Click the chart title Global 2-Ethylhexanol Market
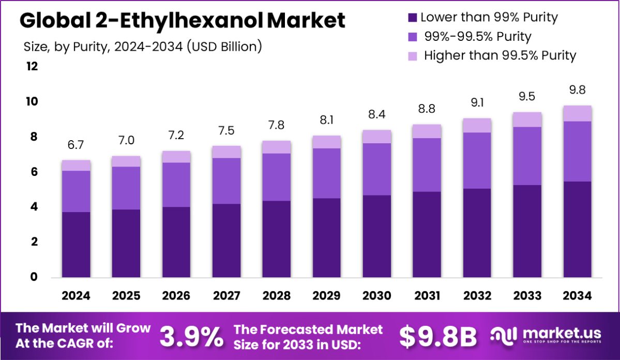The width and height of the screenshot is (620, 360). (x=182, y=21)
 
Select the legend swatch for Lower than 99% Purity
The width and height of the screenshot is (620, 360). (x=413, y=18)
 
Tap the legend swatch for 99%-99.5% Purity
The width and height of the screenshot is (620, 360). (x=413, y=37)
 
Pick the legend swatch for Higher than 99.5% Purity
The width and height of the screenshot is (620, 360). (x=413, y=55)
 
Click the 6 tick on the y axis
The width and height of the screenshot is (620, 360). (x=34, y=172)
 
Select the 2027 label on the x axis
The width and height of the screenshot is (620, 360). (x=226, y=296)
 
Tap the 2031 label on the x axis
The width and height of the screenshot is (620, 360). (x=427, y=296)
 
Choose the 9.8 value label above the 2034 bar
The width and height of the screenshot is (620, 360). (x=577, y=90)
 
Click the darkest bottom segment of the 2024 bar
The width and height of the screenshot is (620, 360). (x=76, y=245)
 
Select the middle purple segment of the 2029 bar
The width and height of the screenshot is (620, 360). (x=326, y=173)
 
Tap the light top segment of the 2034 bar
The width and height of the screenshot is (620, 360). (x=577, y=113)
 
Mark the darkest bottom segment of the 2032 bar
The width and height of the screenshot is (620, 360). (x=477, y=233)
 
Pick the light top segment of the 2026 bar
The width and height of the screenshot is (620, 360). (x=176, y=157)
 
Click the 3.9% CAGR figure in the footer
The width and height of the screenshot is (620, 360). (x=191, y=337)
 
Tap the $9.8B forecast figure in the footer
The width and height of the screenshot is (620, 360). (x=437, y=337)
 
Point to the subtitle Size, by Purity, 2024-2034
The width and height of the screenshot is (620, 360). (x=143, y=47)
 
